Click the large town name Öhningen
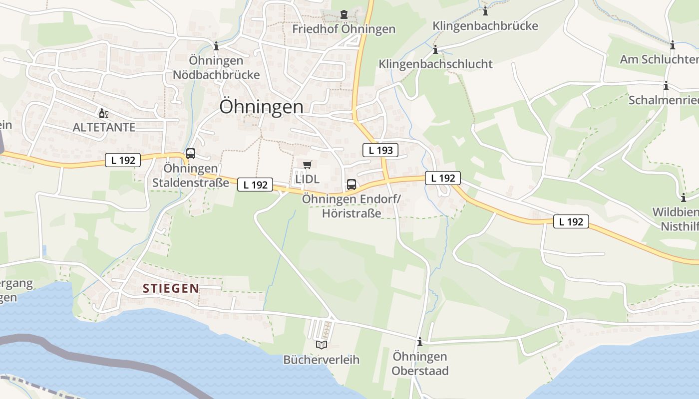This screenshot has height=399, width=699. (x=261, y=107)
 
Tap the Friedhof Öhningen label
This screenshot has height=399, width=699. (x=344, y=29)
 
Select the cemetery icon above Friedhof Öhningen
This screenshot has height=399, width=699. (x=344, y=14)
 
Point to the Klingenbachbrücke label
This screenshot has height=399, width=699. (x=485, y=26)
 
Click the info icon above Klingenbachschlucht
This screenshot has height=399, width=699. (x=435, y=49)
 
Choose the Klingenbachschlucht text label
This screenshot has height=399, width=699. (x=435, y=64)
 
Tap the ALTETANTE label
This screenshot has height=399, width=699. (x=104, y=127)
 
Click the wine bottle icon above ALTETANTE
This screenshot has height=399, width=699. (x=104, y=114)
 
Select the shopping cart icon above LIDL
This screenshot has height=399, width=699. (x=307, y=165)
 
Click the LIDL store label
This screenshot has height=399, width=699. (x=307, y=179)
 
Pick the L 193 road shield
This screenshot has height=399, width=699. (x=380, y=150)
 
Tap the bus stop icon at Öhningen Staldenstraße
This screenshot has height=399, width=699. (x=191, y=154)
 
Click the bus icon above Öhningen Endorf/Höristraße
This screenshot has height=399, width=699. (x=351, y=185)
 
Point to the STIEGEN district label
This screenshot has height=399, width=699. (x=171, y=288)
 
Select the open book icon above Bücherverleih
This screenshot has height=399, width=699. (x=322, y=345)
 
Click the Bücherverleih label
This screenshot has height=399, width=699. (x=321, y=360)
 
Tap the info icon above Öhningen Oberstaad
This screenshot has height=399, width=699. (x=419, y=342)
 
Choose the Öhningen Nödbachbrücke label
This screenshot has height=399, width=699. (x=216, y=68)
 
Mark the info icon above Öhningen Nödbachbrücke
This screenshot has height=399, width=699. (x=216, y=46)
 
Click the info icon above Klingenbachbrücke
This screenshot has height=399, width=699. (x=485, y=11)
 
